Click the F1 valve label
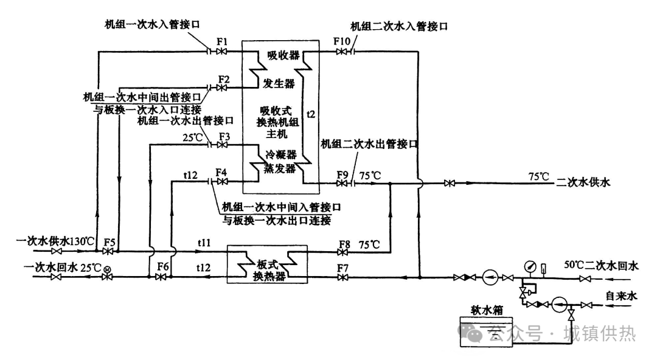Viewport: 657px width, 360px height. (222, 41)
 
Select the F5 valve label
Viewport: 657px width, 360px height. (109, 241)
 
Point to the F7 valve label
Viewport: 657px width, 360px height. (344, 266)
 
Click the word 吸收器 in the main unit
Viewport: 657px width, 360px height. (283, 55)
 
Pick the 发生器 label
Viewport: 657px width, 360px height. (279, 83)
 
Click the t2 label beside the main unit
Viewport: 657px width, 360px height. (311, 113)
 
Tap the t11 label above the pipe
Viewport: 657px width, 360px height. (204, 242)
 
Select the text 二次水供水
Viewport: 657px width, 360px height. (583, 181)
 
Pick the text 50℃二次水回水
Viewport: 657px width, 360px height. (601, 266)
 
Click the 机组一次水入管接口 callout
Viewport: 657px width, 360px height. (151, 24)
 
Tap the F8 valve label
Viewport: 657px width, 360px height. (344, 244)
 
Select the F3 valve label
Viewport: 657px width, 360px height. (224, 136)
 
